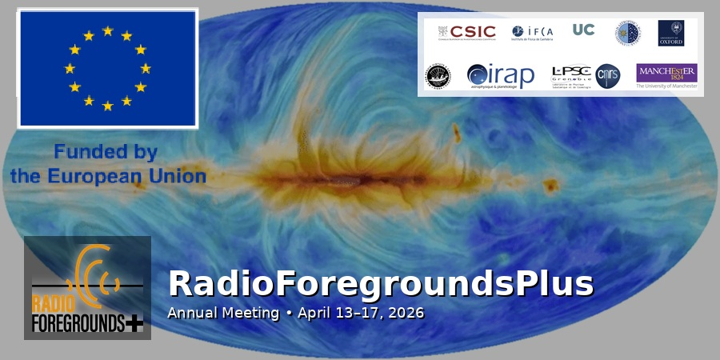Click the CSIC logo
coord(467,32)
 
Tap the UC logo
coord(583,30)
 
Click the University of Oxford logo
coord(670,33)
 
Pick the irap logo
coord(501,77)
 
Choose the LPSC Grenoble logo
coord(571,76)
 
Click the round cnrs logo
coord(608,76)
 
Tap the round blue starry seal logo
coord(627,33)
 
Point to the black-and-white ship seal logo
coord(438,76)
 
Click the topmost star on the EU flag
coord(107,31)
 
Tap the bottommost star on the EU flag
coord(107,106)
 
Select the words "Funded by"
coord(105,152)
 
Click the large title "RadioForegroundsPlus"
coord(381,284)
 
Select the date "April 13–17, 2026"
coord(360,312)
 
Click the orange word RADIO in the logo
coord(53,304)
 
